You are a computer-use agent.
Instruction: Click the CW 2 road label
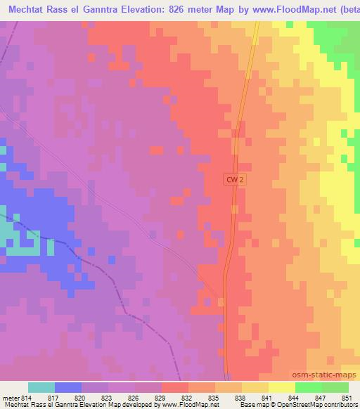pos(235,180)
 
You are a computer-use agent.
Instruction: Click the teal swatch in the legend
pos(41,387)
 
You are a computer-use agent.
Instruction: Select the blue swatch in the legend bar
pos(68,387)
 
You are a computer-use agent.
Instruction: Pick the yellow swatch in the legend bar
pos(281,387)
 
